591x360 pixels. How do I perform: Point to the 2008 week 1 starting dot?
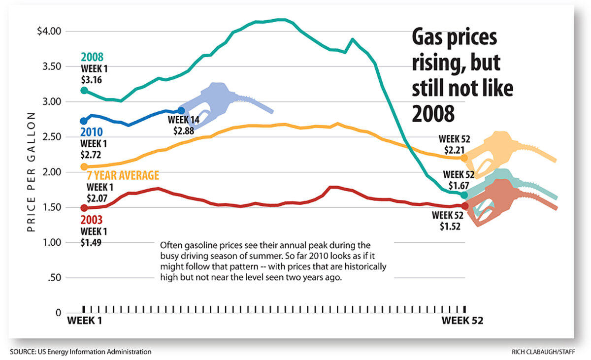tap(84, 91)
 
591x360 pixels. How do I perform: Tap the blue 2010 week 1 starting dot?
tap(84, 121)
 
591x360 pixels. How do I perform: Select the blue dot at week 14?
tap(181, 111)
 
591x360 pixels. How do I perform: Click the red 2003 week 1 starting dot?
tap(84, 208)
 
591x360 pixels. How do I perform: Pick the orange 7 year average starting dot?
tap(84, 167)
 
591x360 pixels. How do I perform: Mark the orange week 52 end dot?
tap(464, 158)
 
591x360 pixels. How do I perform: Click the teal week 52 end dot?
tap(464, 195)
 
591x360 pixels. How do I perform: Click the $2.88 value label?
tap(183, 131)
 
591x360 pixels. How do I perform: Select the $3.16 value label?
tap(91, 79)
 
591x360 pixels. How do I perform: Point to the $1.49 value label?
tap(91, 242)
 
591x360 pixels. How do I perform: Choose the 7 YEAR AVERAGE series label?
tap(123, 176)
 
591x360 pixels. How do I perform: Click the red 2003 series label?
tap(92, 220)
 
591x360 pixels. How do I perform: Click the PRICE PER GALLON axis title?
tap(31, 172)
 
